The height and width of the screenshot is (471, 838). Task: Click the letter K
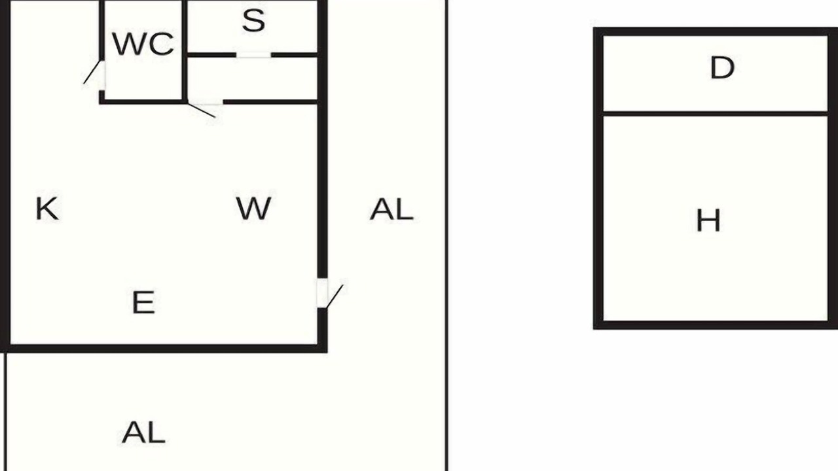(x=47, y=208)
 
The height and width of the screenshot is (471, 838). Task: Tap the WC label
(x=143, y=44)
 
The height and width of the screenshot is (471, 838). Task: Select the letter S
(x=253, y=20)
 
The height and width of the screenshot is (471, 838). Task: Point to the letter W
(x=253, y=208)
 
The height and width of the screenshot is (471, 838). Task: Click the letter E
(x=143, y=302)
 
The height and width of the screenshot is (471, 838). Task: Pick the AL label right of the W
(x=392, y=209)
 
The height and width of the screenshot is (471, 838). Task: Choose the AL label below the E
(x=143, y=432)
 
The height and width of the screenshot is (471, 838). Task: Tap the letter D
(x=722, y=67)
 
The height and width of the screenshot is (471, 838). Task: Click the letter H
(x=708, y=220)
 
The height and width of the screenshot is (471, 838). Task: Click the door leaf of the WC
(x=92, y=72)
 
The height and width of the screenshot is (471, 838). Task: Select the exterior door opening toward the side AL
(x=335, y=297)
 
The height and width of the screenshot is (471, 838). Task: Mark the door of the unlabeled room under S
(x=201, y=111)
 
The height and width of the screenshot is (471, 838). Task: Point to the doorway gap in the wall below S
(x=253, y=55)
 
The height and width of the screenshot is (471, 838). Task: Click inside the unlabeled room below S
(x=252, y=78)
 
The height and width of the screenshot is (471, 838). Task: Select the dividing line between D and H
(x=716, y=114)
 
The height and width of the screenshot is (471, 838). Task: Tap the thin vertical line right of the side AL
(x=447, y=235)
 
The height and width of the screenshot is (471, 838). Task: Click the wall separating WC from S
(x=185, y=50)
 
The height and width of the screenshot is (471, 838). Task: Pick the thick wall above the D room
(x=716, y=32)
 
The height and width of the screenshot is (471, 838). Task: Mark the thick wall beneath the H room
(x=716, y=325)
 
